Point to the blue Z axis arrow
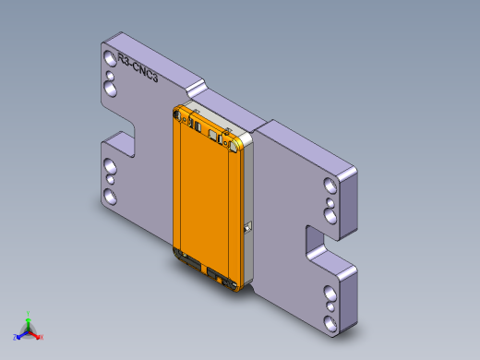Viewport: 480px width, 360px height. (x=19, y=333)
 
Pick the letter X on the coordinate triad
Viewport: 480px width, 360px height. (x=42, y=337)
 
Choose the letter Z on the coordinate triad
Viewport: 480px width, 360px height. (x=14, y=337)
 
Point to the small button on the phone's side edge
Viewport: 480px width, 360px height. (x=247, y=225)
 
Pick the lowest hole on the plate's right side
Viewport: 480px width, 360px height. (x=330, y=321)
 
